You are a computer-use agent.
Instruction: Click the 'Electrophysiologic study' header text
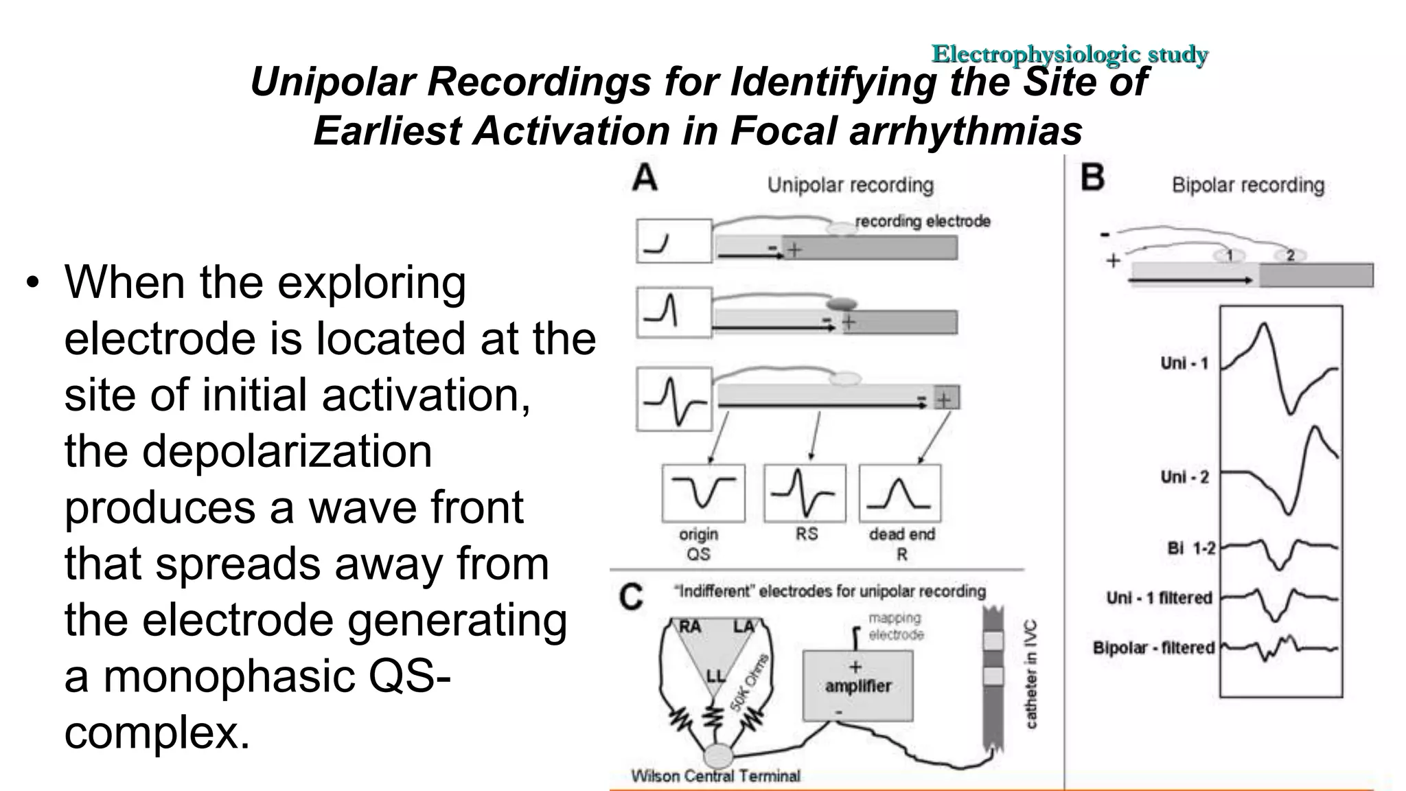(1069, 54)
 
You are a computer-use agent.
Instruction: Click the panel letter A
(645, 178)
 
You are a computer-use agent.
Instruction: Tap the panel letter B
(1092, 178)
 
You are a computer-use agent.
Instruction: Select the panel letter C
(632, 596)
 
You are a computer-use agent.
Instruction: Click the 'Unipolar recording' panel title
(850, 185)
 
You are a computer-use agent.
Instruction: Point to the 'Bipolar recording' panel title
(1247, 185)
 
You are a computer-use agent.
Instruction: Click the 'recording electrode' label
(922, 221)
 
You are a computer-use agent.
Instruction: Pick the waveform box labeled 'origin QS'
(703, 493)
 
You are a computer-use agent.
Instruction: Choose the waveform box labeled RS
(805, 493)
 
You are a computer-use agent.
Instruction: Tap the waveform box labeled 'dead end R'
(900, 493)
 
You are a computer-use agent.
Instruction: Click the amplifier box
(858, 685)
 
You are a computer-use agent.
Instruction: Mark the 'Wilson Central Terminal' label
(715, 777)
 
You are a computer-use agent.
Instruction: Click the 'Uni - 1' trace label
(1184, 363)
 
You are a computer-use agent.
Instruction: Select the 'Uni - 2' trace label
(1184, 477)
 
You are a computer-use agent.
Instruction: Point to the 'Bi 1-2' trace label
(1191, 549)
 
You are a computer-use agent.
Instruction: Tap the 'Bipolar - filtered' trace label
(1153, 647)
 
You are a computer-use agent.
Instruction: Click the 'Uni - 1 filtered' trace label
(1159, 598)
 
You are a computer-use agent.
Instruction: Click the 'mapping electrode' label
(895, 626)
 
